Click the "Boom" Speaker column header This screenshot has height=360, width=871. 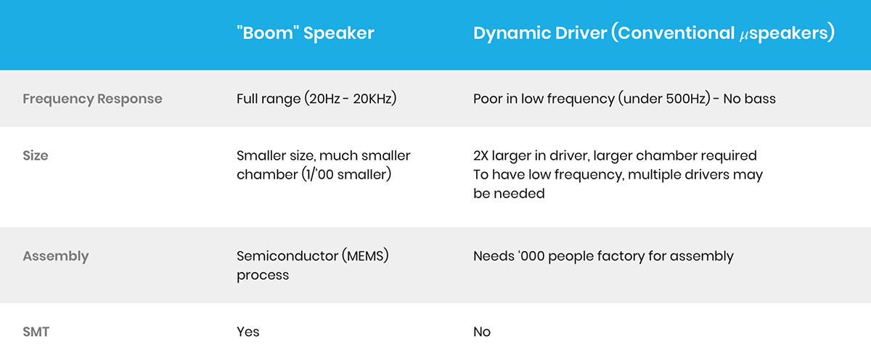click(306, 33)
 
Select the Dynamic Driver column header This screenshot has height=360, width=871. click(654, 33)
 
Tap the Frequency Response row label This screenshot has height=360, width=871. click(92, 99)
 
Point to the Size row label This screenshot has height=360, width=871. click(36, 155)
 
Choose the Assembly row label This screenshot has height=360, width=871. click(56, 256)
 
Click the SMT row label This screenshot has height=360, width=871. click(36, 332)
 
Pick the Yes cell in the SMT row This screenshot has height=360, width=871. click(248, 332)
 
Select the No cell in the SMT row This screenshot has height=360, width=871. click(482, 332)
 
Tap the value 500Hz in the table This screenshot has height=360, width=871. click(686, 99)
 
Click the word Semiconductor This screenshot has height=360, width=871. click(287, 256)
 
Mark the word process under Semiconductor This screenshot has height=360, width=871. click(263, 275)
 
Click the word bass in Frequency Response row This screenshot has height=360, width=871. click(760, 99)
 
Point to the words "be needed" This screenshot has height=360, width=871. click(509, 193)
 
